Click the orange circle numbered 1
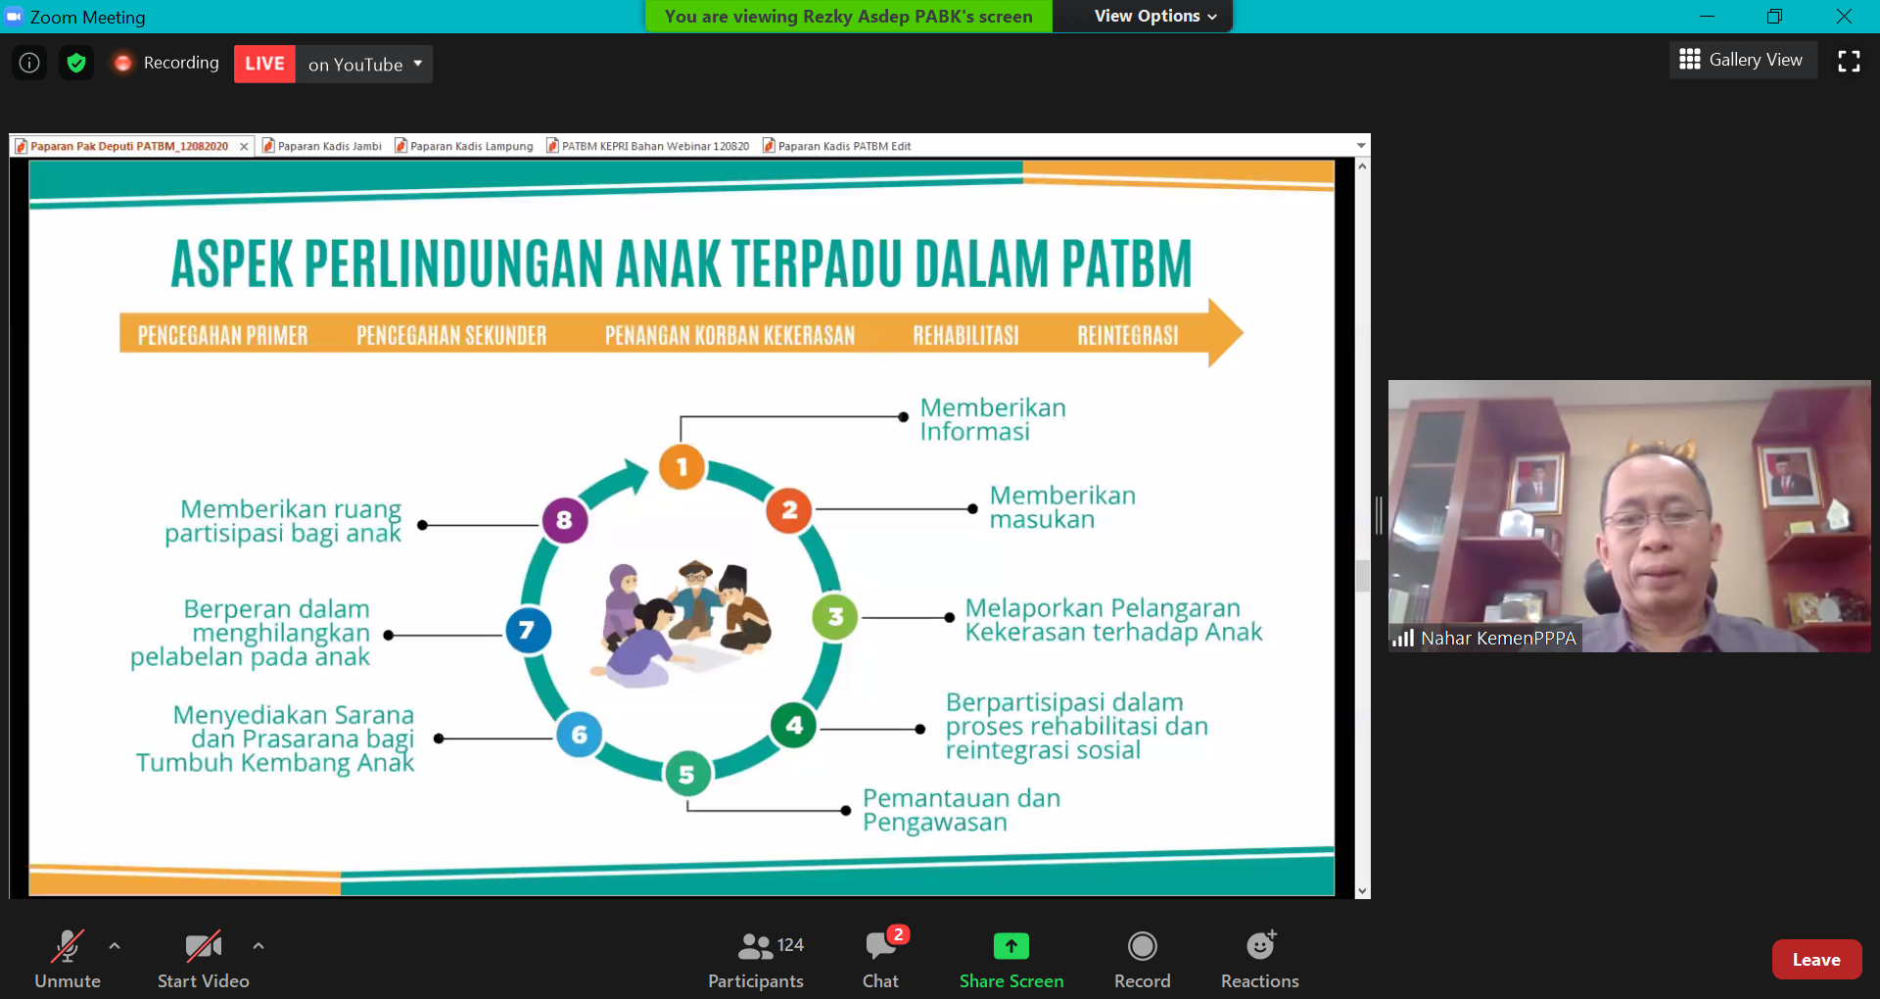[682, 467]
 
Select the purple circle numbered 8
[565, 520]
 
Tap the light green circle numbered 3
[835, 617]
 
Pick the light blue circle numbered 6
[580, 735]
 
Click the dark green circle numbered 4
[794, 726]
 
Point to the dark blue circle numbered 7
[528, 630]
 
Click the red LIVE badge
[264, 64]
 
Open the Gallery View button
[1743, 60]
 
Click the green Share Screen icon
[1011, 946]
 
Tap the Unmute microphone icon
[68, 946]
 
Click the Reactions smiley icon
[1261, 945]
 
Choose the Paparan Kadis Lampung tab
[464, 146]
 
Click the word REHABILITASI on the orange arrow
[965, 336]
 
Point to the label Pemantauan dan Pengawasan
[961, 811]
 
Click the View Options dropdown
[1155, 17]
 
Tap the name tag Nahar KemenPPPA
[1498, 639]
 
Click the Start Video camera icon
[204, 946]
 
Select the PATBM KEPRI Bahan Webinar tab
[647, 146]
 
